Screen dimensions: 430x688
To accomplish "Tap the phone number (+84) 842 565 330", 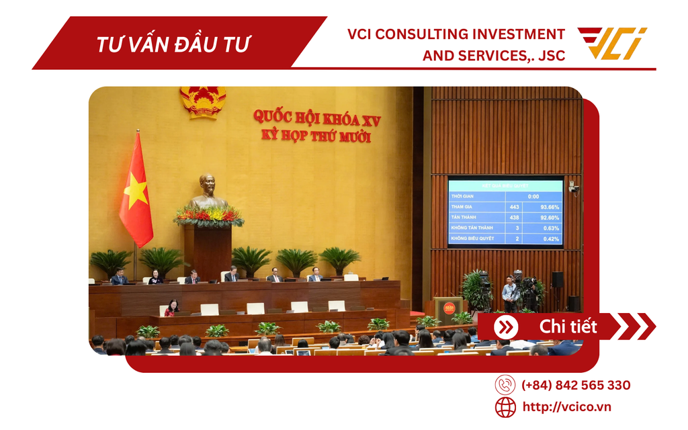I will pos(576,385).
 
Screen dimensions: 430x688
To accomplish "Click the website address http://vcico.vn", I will pos(566,406).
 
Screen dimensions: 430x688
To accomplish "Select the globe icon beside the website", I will pos(505,406).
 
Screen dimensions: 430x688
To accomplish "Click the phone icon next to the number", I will pos(505,385).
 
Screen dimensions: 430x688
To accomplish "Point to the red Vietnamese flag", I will pos(136,191).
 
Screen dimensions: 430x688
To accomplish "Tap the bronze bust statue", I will pos(208,192).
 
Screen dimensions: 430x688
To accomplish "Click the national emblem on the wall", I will pos(203,101).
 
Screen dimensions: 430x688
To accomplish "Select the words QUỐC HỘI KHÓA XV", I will pos(316,118).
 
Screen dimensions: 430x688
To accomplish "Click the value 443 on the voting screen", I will pos(514,206).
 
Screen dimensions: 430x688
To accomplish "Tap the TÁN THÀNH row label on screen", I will pos(465,217).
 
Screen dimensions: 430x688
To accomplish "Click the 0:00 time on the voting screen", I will pos(533,196).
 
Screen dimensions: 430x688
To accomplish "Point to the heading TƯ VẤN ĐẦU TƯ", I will pos(173,44).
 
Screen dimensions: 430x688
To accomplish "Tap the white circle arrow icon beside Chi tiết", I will pos(506,327).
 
